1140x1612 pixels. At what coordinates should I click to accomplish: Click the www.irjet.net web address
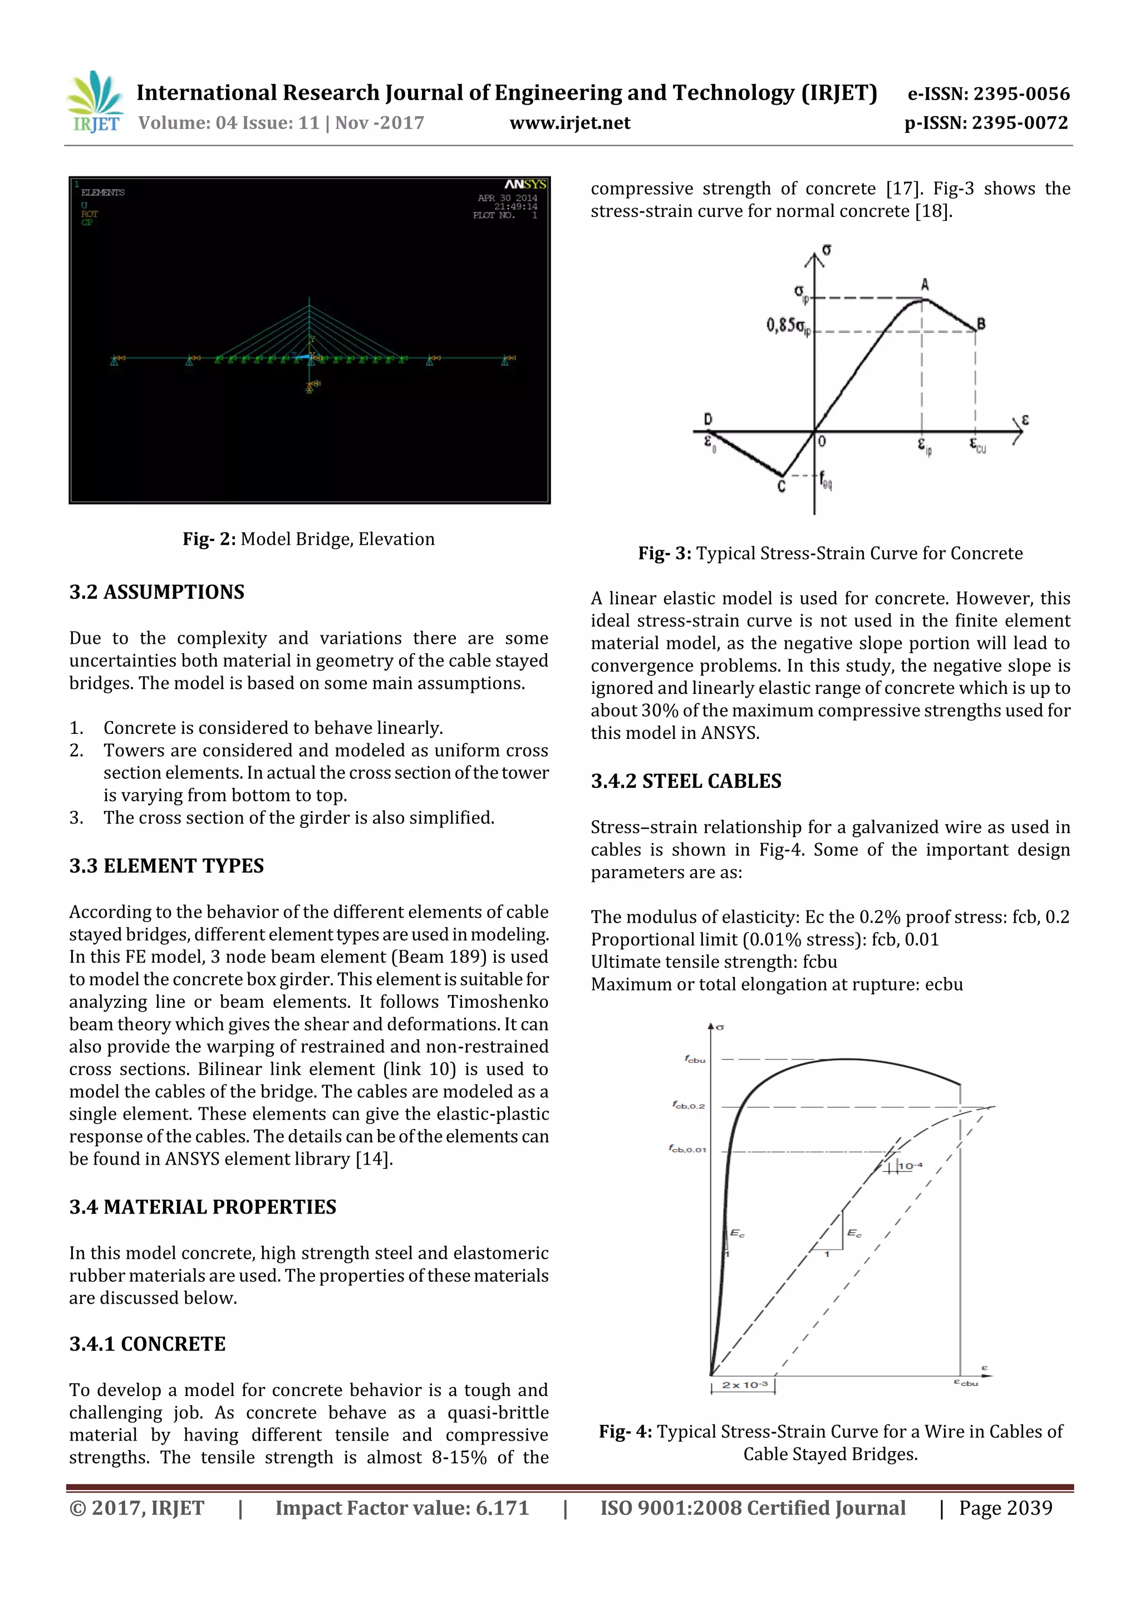coord(569,124)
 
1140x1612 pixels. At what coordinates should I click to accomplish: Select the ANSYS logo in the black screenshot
coord(525,185)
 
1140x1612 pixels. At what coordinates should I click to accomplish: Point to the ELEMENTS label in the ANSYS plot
coord(102,193)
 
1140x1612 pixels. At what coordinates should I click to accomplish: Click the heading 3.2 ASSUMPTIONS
coord(156,592)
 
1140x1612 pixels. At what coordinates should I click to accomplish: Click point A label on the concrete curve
coord(925,284)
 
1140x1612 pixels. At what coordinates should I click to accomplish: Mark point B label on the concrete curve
coord(981,324)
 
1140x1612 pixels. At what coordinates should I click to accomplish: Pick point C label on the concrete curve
coord(781,486)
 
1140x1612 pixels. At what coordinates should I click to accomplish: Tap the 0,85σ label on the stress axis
coord(787,326)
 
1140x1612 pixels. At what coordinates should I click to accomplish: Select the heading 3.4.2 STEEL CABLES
coord(686,781)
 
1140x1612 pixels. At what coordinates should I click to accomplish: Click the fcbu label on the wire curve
coord(695,1059)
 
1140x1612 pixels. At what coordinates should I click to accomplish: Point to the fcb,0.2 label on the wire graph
coord(689,1106)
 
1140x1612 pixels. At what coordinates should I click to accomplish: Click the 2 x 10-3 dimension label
coord(745,1385)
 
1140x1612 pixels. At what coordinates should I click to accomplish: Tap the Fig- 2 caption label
coord(209,539)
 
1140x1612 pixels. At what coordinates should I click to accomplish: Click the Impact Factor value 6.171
coord(502,1508)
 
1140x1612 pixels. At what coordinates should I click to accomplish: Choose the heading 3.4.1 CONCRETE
coord(148,1344)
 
